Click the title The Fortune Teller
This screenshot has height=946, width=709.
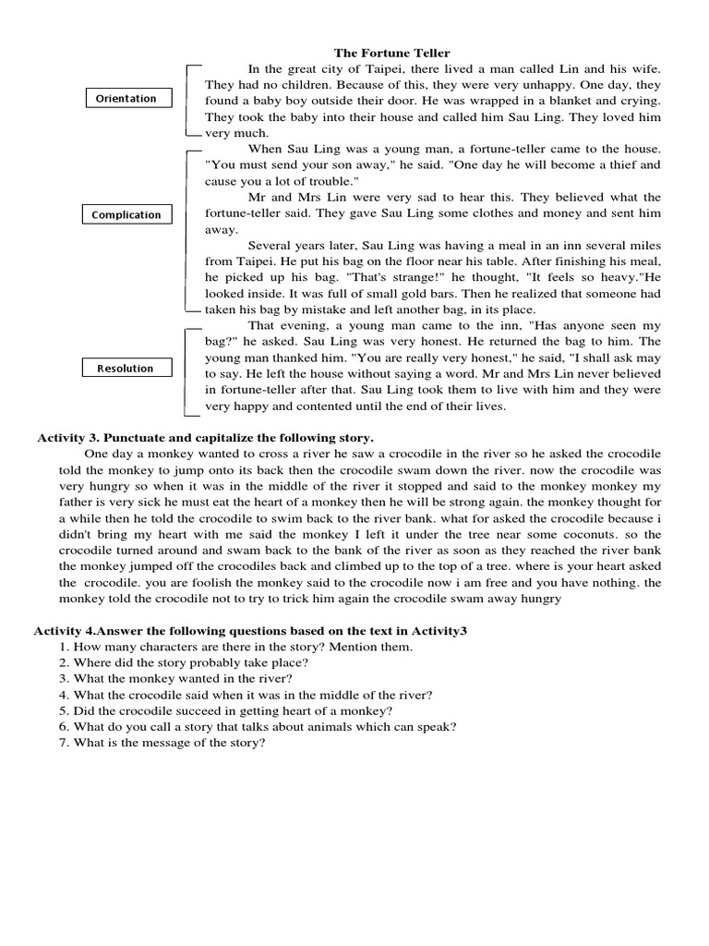click(x=391, y=54)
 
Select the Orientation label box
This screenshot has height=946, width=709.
click(x=126, y=99)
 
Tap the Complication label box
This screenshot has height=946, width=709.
click(x=126, y=215)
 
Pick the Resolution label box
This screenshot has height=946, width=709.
click(x=126, y=369)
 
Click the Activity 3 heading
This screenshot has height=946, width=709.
click(x=206, y=437)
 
